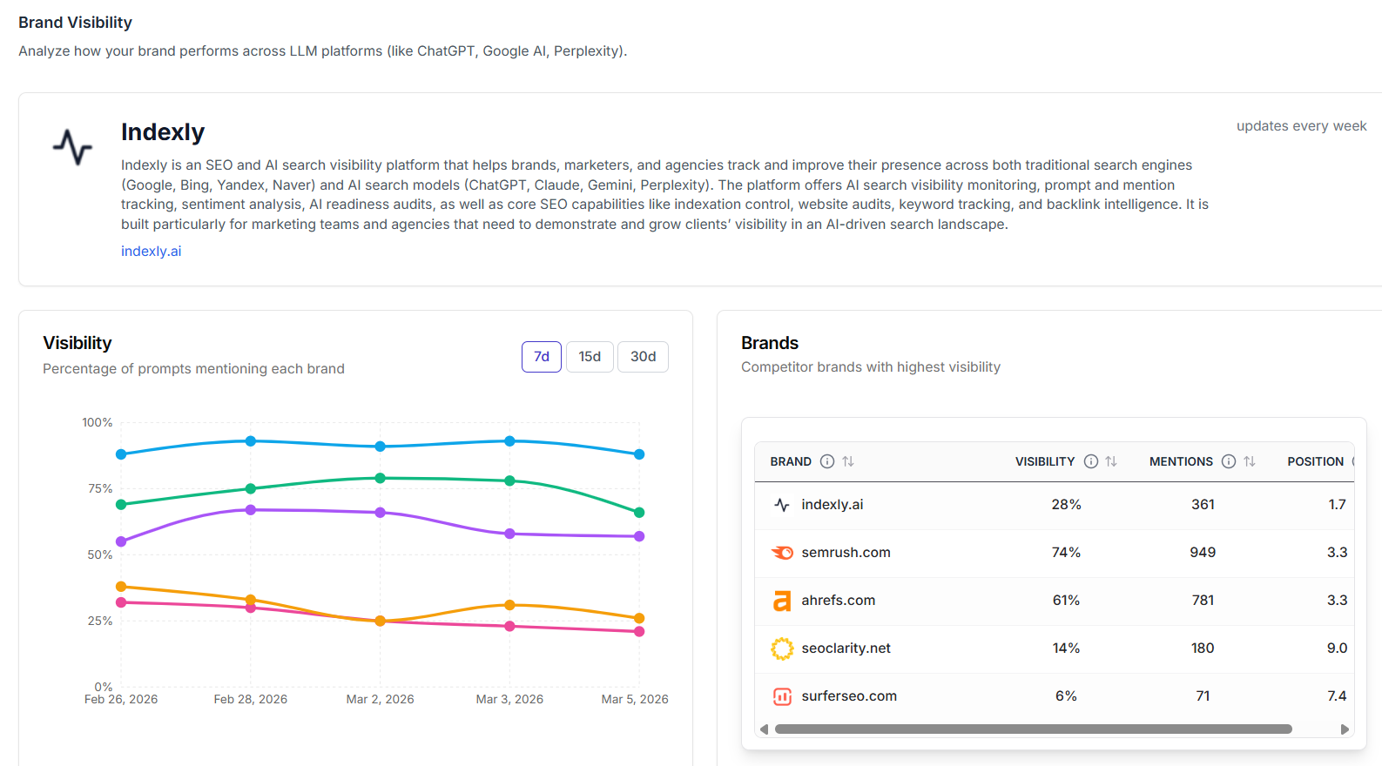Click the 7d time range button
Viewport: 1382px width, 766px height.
(541, 357)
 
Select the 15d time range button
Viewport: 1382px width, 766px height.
(590, 357)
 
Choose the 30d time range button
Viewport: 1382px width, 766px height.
(643, 357)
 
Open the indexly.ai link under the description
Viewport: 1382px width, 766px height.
(151, 251)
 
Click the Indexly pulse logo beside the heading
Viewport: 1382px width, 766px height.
(72, 146)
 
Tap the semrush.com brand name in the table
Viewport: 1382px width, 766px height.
(846, 553)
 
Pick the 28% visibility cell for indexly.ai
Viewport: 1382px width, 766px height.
(1066, 505)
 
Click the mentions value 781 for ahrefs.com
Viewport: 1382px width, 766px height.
(1203, 601)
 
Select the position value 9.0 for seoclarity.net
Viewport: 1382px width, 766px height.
(1337, 648)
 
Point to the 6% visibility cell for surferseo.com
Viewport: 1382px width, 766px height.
(1066, 696)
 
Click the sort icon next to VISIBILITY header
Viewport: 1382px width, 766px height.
(1111, 461)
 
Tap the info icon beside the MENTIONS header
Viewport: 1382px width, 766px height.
(1228, 461)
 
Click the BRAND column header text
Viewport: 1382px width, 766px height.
(791, 461)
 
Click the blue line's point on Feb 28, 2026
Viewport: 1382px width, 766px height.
(251, 441)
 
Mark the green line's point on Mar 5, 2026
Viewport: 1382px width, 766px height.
(639, 513)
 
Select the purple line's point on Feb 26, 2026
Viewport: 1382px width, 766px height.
(121, 541)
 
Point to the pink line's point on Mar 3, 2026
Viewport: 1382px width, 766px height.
(509, 626)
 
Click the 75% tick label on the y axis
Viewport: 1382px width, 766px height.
(100, 488)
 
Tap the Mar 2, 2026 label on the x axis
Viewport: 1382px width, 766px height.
(380, 699)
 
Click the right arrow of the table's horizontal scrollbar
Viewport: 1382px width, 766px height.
(1345, 729)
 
